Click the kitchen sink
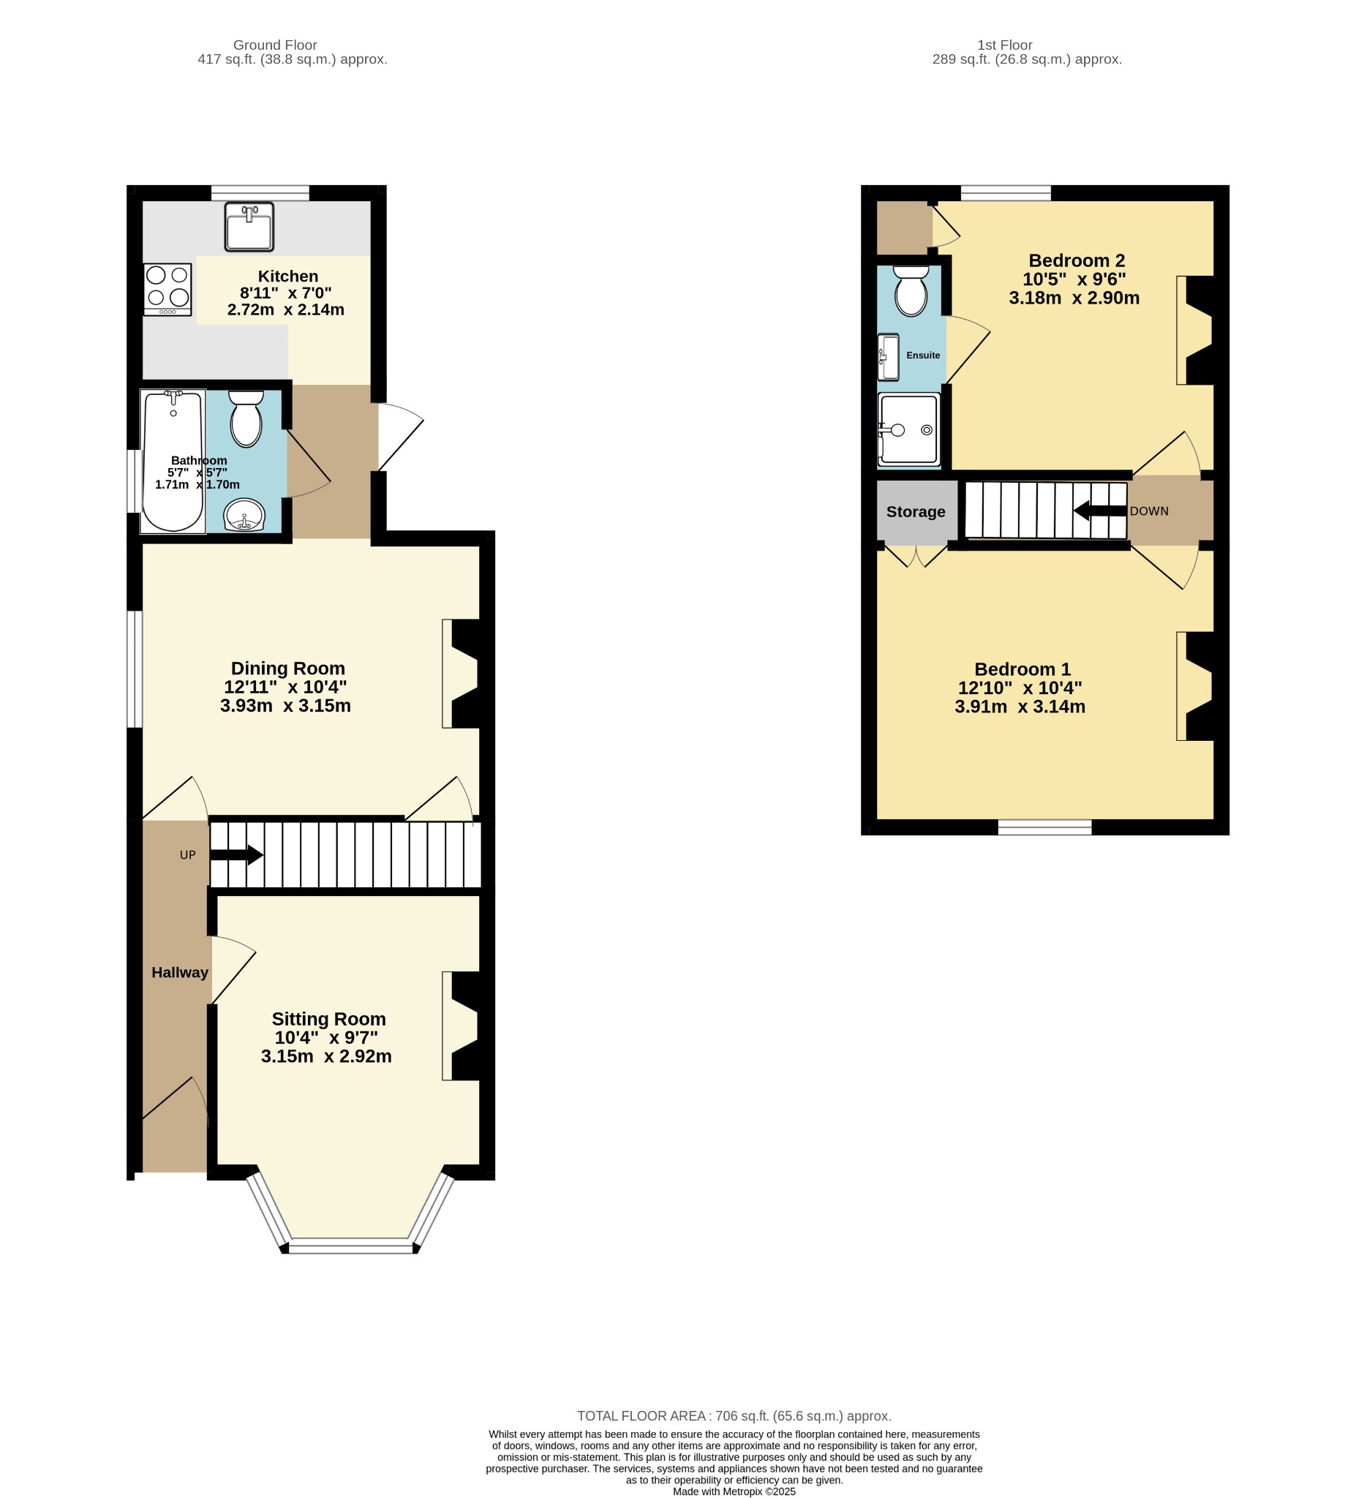click(249, 227)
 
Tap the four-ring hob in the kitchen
click(168, 290)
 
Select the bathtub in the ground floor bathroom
click(173, 461)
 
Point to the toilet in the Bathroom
click(246, 418)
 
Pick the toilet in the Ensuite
click(911, 291)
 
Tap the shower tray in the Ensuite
click(908, 429)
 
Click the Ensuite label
click(923, 355)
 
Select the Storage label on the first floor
click(916, 511)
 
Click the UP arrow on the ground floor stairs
click(236, 854)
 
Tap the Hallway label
click(180, 972)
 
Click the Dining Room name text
click(287, 668)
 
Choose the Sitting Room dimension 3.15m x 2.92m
click(326, 1056)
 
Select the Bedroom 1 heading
click(1022, 669)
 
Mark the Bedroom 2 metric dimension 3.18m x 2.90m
click(1074, 297)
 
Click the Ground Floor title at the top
click(275, 45)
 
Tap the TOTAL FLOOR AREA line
click(734, 1415)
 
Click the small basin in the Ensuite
click(888, 358)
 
